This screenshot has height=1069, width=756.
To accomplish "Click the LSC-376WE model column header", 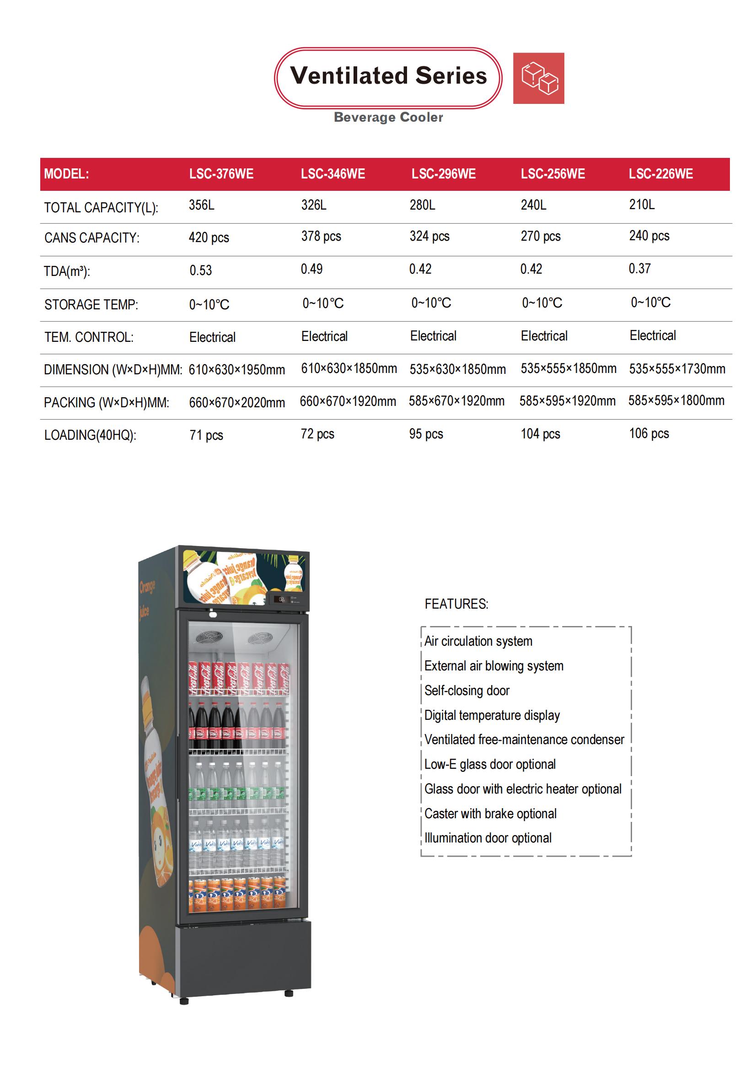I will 221,174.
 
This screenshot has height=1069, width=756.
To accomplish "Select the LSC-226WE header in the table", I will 660,174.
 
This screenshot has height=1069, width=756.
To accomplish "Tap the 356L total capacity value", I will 202,205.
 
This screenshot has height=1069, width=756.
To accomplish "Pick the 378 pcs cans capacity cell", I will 321,236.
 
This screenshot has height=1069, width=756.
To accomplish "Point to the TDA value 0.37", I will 639,269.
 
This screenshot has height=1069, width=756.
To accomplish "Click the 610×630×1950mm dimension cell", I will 236,370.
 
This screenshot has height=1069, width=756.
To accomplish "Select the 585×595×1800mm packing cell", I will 676,400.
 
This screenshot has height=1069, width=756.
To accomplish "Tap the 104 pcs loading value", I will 540,434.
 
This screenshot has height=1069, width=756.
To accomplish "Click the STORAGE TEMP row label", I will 91,305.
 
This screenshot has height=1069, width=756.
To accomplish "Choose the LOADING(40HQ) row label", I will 90,435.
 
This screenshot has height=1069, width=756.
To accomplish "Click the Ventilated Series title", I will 388,76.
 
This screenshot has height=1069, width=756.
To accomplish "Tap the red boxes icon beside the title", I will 538,78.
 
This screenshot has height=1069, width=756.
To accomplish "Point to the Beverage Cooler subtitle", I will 388,118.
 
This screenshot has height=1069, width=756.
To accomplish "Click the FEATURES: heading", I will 456,604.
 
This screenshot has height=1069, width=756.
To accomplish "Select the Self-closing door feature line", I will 466,691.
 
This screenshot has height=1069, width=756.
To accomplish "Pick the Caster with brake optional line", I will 490,814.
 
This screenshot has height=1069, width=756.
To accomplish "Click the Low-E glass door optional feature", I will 490,764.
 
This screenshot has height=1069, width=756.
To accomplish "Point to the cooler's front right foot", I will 289,993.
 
